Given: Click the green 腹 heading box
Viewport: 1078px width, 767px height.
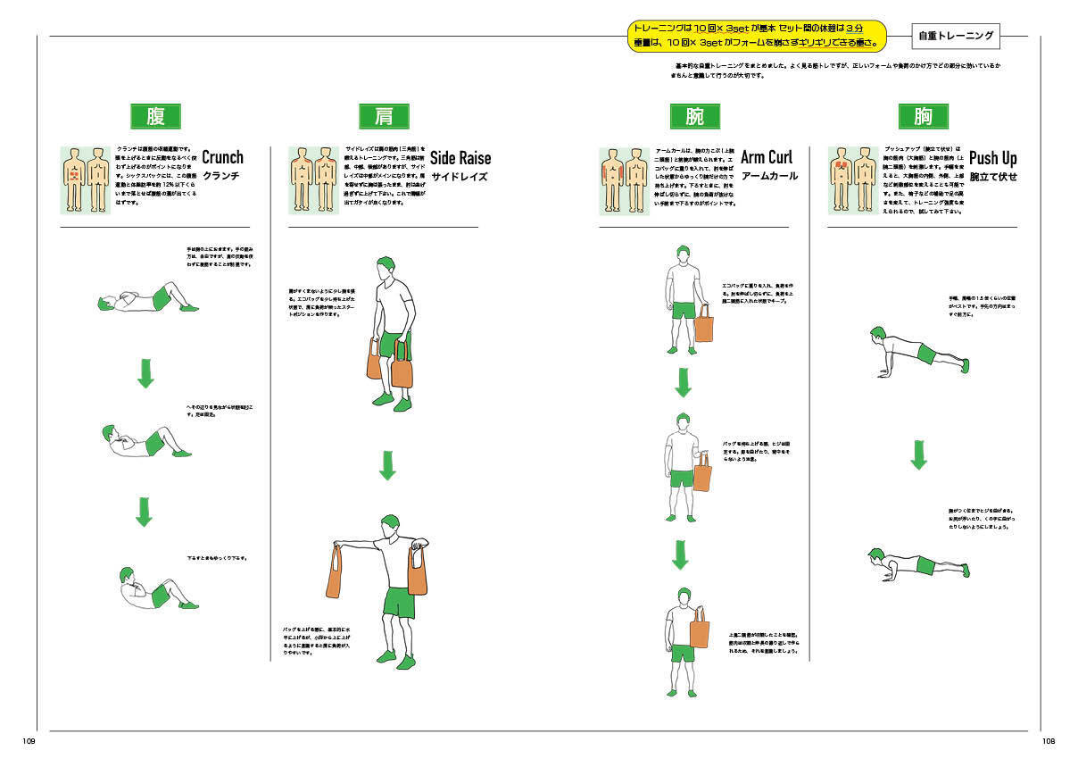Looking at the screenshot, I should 155,116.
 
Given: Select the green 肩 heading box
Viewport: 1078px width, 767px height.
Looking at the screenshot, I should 384,116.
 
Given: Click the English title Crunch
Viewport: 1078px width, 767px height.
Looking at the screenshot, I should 222,157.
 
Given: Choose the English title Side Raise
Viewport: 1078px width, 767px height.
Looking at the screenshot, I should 460,158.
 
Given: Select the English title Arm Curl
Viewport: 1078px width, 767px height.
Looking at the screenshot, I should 767,158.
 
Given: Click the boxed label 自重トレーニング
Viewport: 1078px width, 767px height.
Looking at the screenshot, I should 956,37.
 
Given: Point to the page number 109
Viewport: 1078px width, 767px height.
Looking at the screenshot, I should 29,741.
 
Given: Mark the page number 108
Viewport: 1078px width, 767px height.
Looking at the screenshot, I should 1049,741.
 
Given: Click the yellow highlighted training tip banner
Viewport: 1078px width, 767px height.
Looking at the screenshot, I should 757,36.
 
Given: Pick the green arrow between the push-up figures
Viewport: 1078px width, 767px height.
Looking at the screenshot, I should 918,454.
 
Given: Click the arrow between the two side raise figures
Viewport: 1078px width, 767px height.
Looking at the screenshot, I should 386,465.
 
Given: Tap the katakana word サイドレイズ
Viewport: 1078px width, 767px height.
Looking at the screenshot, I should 459,177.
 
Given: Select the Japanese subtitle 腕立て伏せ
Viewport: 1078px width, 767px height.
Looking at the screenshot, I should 993,177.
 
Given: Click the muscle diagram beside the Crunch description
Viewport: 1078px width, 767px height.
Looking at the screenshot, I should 86,179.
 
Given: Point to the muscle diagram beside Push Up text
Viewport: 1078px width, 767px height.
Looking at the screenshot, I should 852,179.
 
